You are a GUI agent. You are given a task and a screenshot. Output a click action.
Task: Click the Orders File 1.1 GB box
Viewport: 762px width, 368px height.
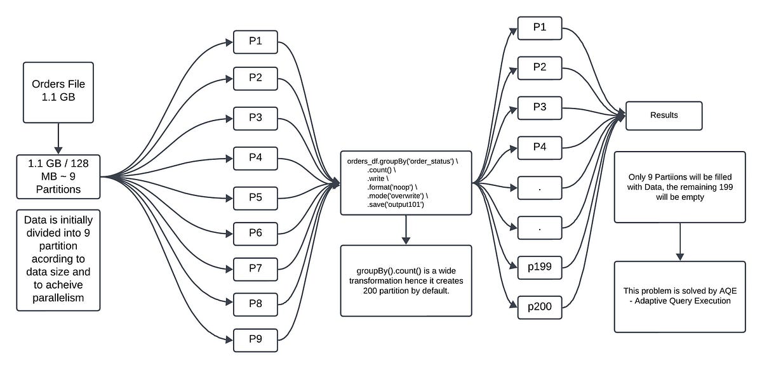click(x=58, y=92)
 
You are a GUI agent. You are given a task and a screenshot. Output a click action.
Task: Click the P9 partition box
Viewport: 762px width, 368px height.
click(x=256, y=338)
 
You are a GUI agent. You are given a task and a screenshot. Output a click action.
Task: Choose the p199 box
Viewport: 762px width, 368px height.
click(x=540, y=267)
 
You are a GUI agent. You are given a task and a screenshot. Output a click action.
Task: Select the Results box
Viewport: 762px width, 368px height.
click(x=664, y=115)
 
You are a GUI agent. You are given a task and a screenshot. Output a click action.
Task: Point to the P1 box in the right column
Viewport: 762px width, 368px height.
click(x=540, y=27)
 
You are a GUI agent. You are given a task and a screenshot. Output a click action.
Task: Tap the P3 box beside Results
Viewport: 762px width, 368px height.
click(x=540, y=107)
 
